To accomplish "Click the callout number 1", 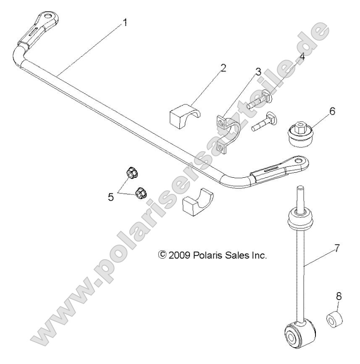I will pyautogui.click(x=124, y=23).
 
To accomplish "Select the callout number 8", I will pyautogui.click(x=339, y=296).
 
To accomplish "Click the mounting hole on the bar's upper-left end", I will pyautogui.click(x=53, y=16).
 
